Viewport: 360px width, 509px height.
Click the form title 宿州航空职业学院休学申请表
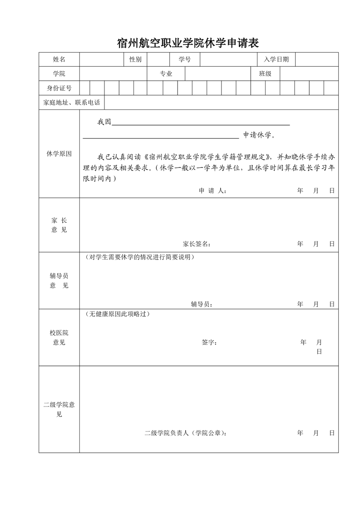(x=188, y=44)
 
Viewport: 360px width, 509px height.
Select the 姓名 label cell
(x=59, y=59)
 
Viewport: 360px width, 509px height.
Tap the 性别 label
(x=135, y=59)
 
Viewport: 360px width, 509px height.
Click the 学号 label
(x=184, y=59)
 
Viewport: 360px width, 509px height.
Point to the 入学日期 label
(x=276, y=59)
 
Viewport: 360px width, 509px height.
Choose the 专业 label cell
(x=166, y=74)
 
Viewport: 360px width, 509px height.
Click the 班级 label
(x=265, y=74)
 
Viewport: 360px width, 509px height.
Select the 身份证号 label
(x=59, y=88)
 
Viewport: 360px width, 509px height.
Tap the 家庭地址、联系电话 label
(x=72, y=103)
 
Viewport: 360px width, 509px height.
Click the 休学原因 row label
(x=59, y=154)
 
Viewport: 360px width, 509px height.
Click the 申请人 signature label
(x=212, y=191)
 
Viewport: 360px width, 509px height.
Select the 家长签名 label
(x=197, y=244)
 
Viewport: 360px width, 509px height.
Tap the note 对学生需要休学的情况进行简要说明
(x=139, y=257)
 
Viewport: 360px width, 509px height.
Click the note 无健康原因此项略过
(x=117, y=314)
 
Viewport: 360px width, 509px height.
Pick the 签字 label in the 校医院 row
(x=209, y=343)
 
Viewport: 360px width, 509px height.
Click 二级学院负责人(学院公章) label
(x=186, y=433)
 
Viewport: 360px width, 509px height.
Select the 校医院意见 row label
(x=59, y=338)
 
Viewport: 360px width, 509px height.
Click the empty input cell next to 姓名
(x=101, y=59)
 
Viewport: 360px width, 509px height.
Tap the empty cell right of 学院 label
(x=113, y=74)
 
